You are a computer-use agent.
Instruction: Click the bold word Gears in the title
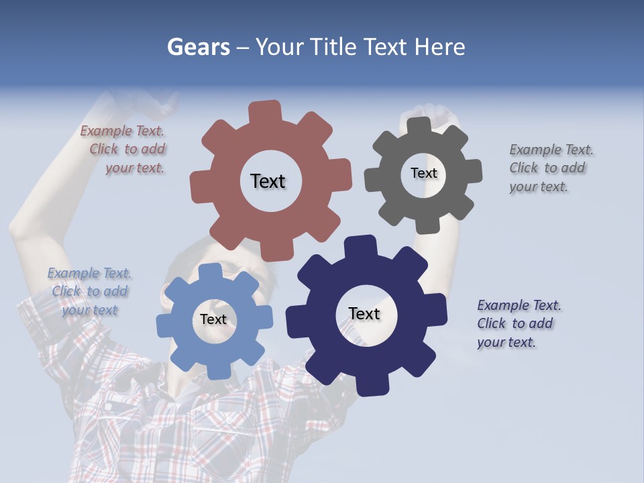pyautogui.click(x=198, y=47)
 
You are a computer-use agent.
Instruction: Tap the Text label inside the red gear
pyautogui.click(x=268, y=181)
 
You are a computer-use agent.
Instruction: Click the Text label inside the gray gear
pyautogui.click(x=423, y=173)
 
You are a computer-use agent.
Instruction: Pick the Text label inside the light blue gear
pyautogui.click(x=213, y=320)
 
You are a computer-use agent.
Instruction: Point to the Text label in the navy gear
pyautogui.click(x=364, y=314)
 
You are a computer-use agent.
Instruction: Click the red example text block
pyautogui.click(x=124, y=150)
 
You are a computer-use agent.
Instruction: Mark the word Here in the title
pyautogui.click(x=439, y=47)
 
